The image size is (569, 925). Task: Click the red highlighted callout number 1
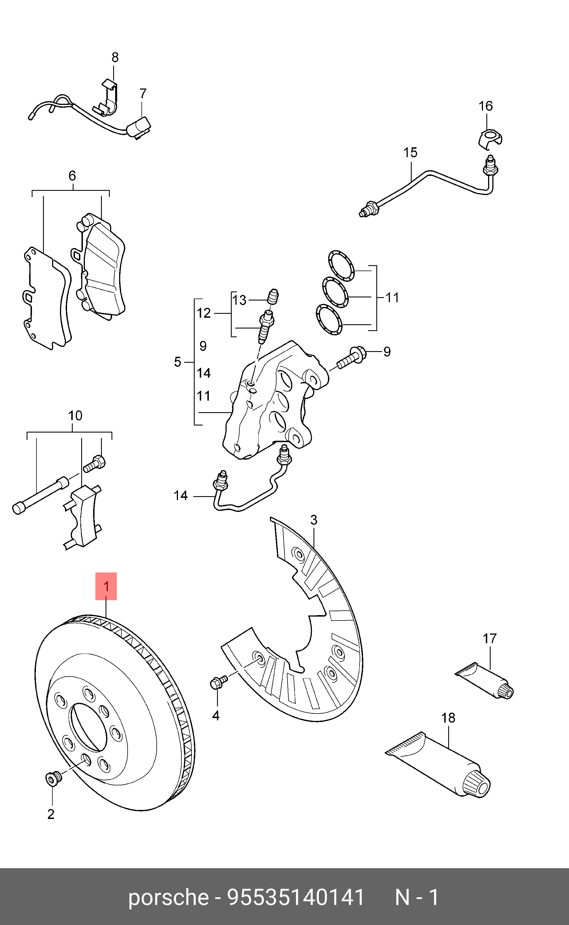point(106,586)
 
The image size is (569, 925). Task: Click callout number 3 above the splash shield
point(314,520)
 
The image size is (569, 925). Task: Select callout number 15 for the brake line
point(410,153)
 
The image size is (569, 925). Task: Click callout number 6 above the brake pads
point(72,176)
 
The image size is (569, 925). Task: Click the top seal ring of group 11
point(341,266)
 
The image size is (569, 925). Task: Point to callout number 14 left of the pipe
point(181,496)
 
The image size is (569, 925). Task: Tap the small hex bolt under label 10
point(94,463)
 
